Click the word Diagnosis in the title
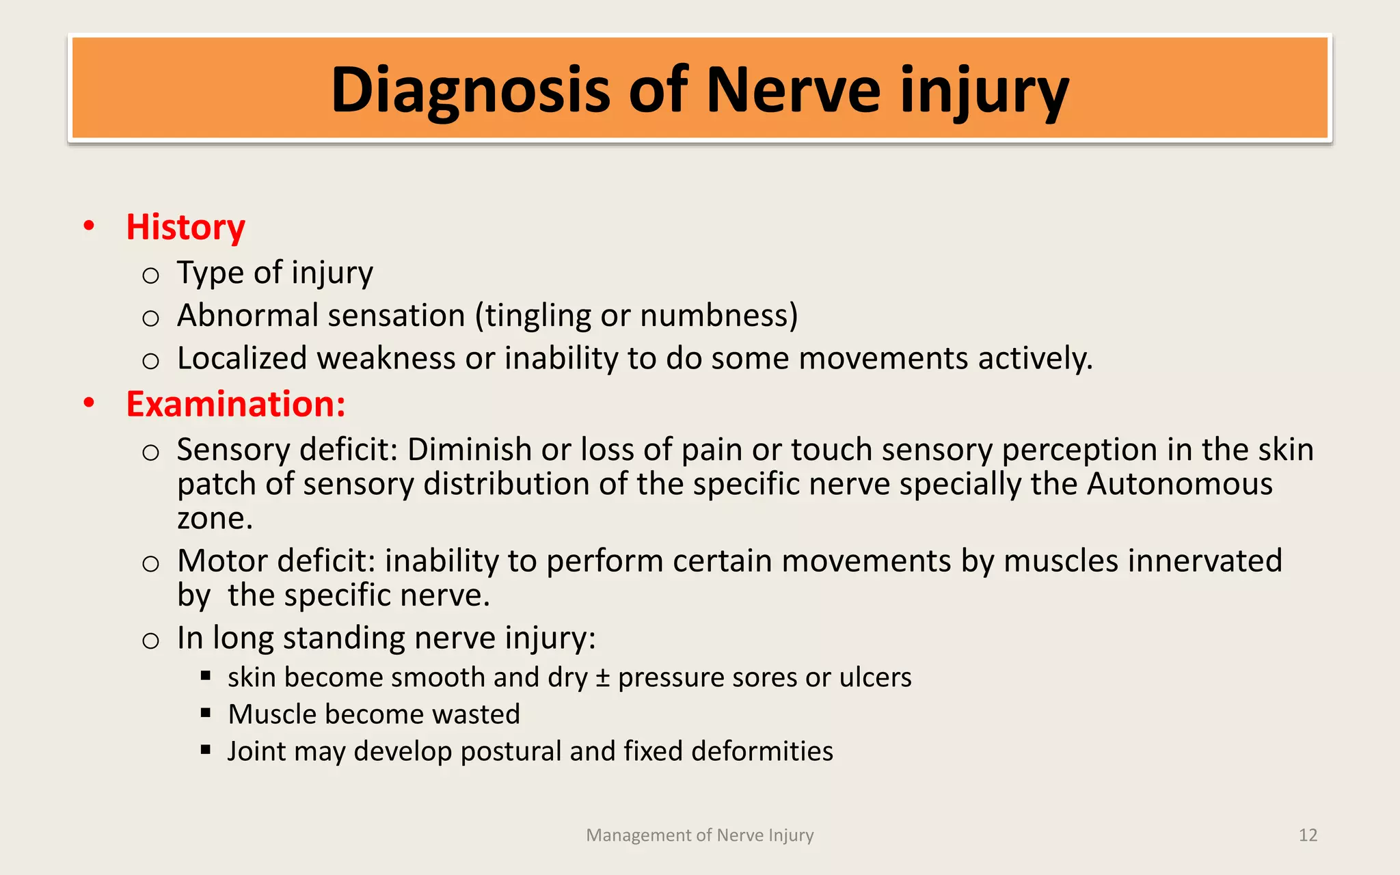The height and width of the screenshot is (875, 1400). point(470,91)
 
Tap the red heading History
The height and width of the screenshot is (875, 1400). point(185,227)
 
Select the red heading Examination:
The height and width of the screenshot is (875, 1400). point(236,404)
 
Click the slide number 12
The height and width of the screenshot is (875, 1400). point(1308,835)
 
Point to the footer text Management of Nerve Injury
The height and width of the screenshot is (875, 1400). point(700,835)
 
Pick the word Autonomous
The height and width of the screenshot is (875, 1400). point(1180,484)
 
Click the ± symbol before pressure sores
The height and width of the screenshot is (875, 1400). point(602,677)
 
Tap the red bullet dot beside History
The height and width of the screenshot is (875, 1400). point(89,226)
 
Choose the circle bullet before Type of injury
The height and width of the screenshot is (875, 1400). point(150,275)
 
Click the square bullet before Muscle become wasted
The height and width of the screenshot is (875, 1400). point(206,713)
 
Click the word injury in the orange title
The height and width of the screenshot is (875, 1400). point(984,91)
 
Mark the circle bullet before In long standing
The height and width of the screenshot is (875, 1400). point(150,641)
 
